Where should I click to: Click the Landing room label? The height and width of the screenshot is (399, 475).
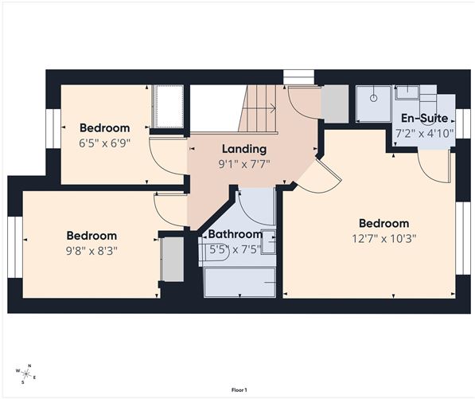click(243, 149)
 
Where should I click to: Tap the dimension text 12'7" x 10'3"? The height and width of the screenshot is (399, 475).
click(384, 237)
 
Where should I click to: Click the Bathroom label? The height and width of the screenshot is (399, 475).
click(235, 234)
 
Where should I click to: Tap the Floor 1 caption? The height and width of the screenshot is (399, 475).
click(239, 389)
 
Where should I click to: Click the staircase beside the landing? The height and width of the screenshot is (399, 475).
click(258, 108)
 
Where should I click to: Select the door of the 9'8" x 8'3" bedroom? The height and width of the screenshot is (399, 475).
click(171, 209)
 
